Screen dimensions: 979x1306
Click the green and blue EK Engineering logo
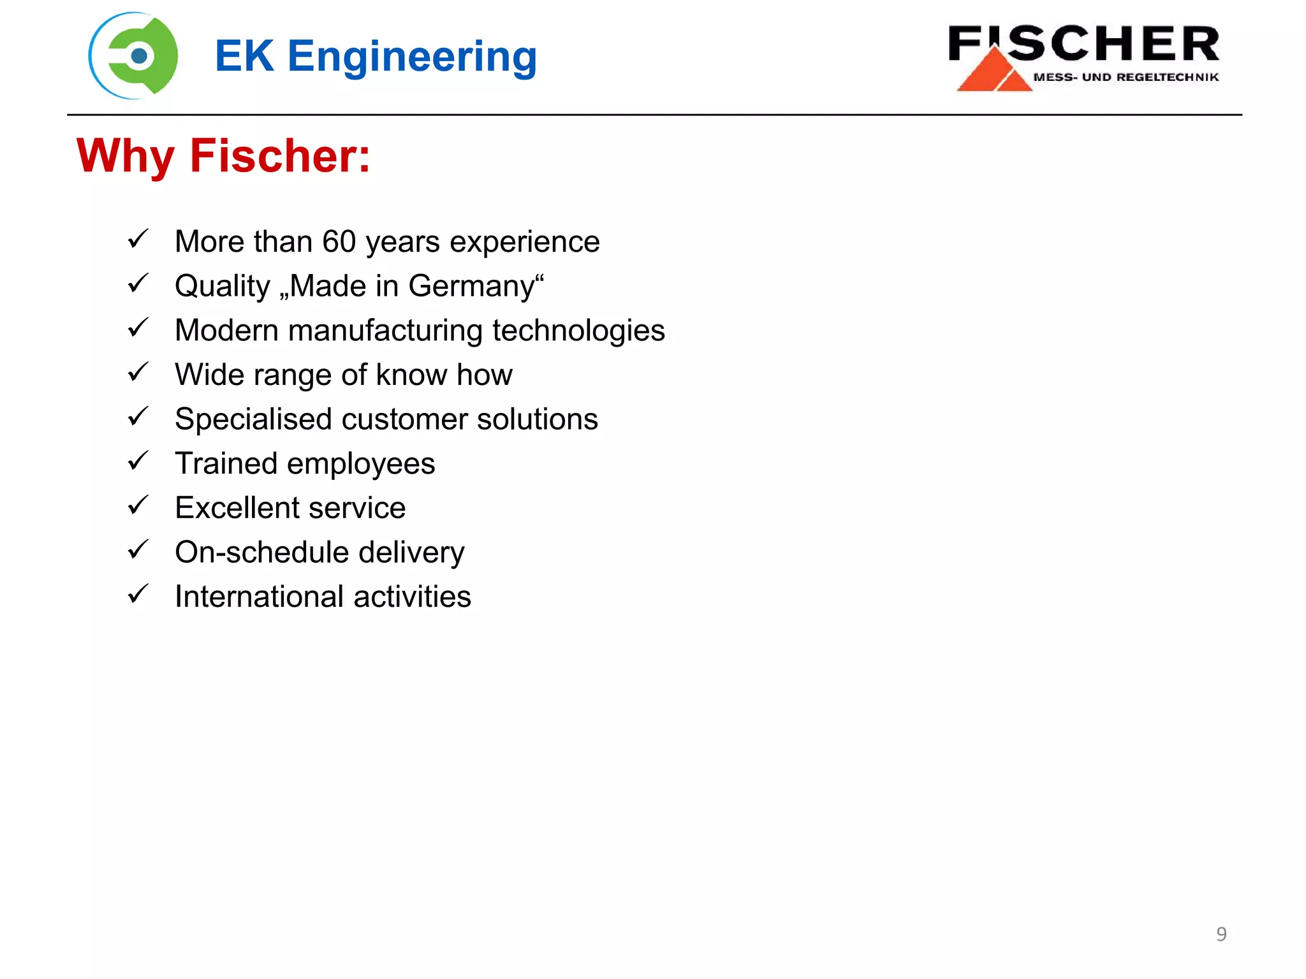(134, 56)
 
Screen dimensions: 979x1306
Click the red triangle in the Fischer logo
(992, 70)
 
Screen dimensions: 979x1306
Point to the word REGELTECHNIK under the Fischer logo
(1167, 77)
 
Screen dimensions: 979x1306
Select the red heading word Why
(125, 156)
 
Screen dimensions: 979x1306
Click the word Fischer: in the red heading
(280, 156)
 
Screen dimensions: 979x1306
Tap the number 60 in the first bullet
(338, 242)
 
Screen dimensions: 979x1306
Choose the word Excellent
(231, 508)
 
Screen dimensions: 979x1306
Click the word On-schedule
(261, 552)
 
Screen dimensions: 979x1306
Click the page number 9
(1221, 934)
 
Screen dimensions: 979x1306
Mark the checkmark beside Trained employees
(138, 461)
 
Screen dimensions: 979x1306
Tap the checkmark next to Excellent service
(138, 505)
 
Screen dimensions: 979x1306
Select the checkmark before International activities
(138, 594)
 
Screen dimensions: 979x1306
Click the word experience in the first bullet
(524, 242)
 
